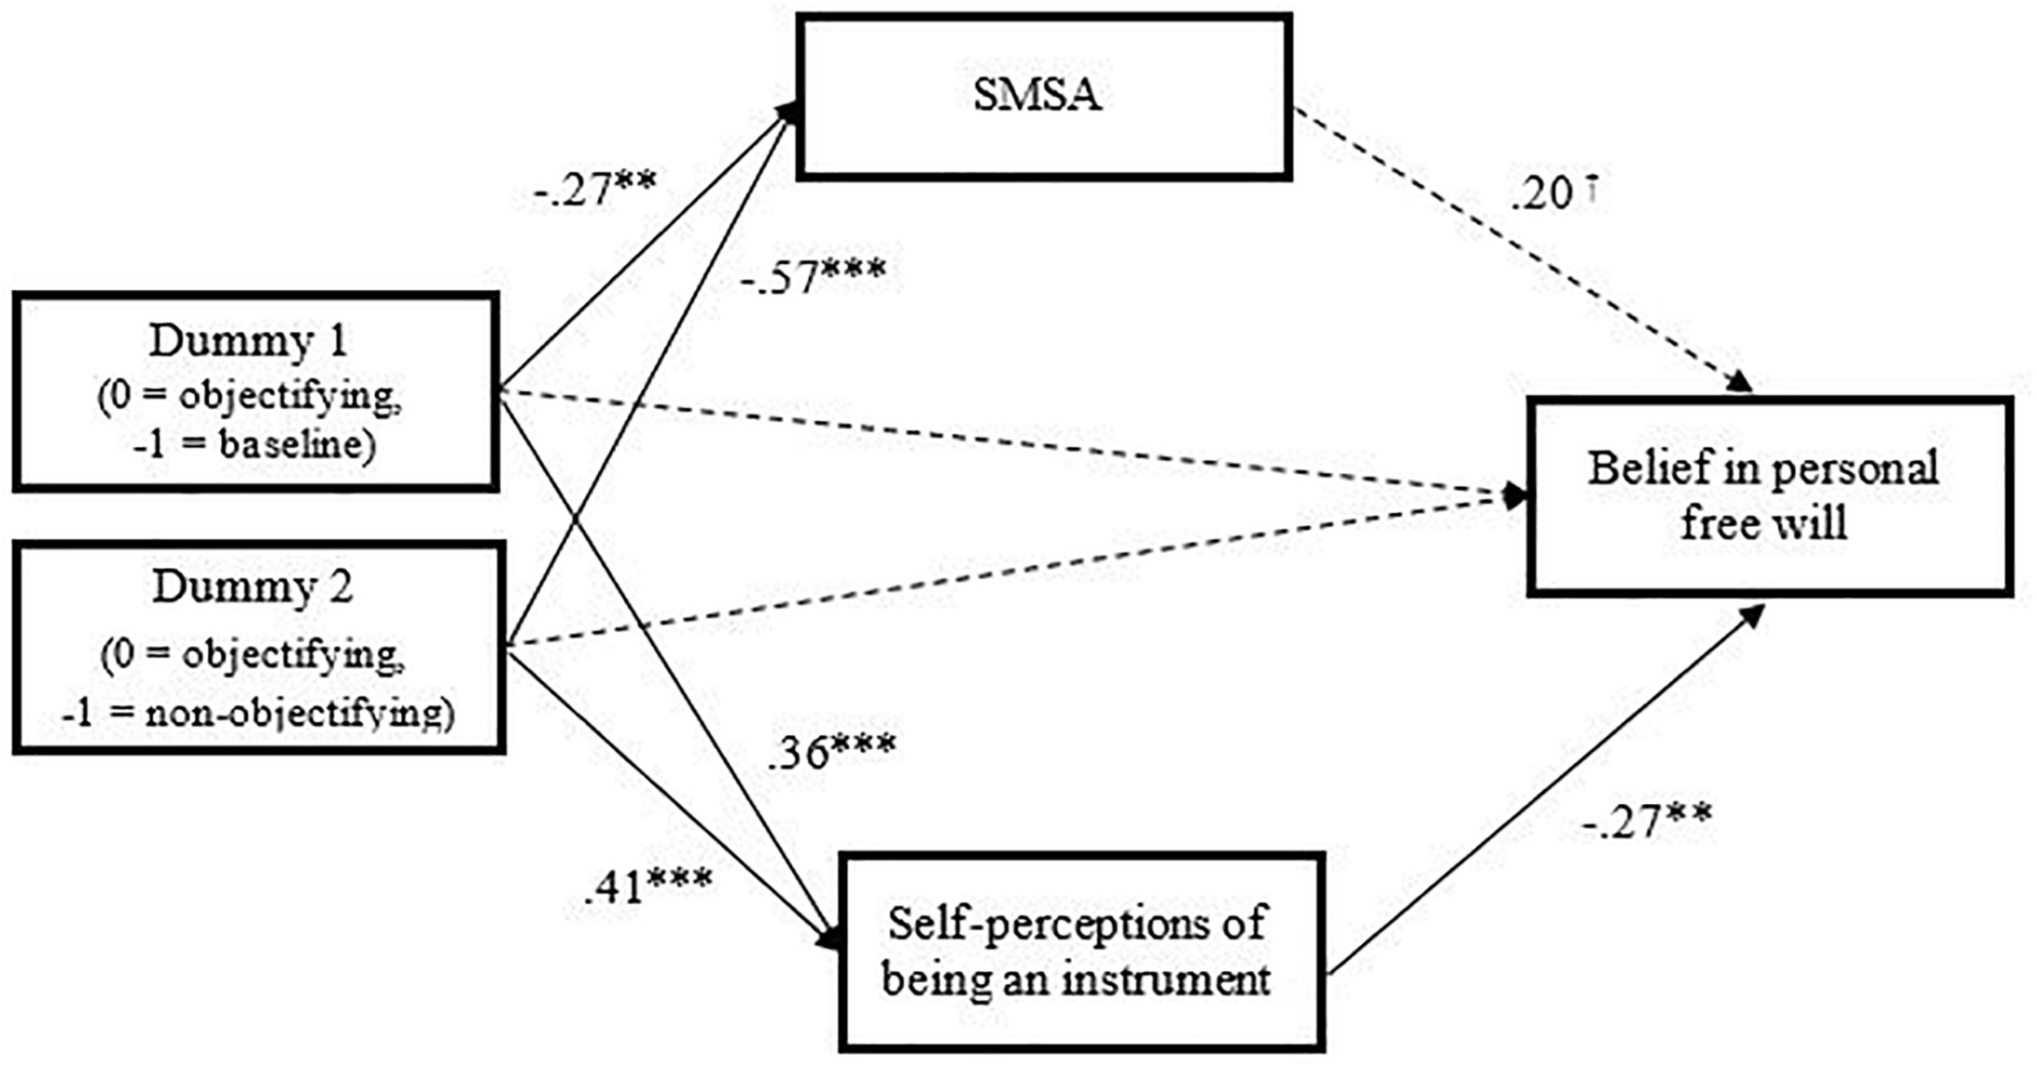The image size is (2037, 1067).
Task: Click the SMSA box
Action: point(1043,96)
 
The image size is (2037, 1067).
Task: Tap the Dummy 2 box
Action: point(257,648)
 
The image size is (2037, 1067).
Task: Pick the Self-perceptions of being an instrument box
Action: point(1080,951)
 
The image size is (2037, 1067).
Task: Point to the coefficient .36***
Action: point(831,752)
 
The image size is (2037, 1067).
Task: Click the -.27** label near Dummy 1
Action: point(595,189)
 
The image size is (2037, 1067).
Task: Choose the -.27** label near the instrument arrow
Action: point(1646,821)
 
